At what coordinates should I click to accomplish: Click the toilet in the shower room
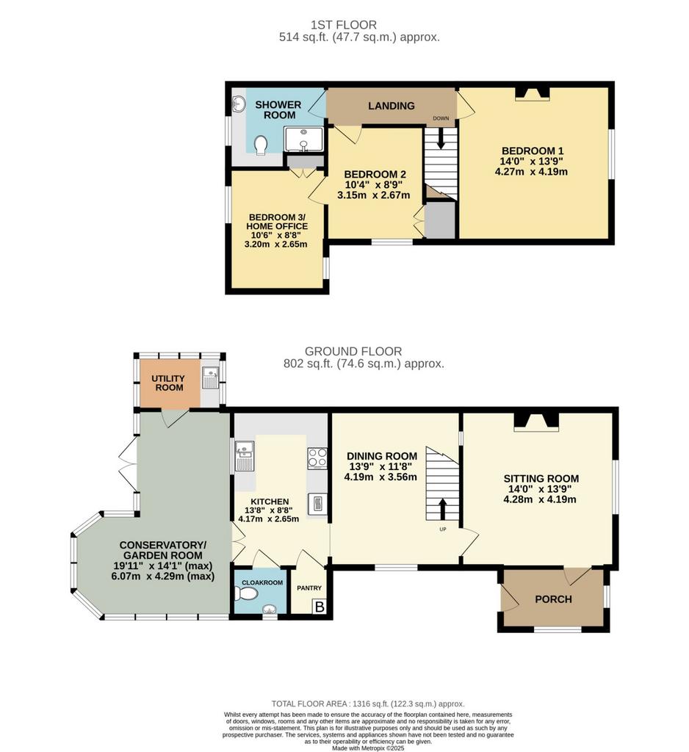click(x=261, y=145)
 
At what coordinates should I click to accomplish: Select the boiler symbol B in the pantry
click(x=319, y=607)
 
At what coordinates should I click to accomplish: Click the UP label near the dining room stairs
click(x=442, y=529)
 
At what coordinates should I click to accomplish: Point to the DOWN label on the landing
click(x=441, y=118)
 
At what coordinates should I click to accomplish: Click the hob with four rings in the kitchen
click(x=317, y=458)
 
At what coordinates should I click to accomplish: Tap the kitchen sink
click(x=244, y=455)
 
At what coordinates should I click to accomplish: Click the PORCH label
click(x=553, y=599)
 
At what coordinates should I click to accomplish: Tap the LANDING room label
click(x=392, y=106)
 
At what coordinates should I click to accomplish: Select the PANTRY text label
click(x=309, y=588)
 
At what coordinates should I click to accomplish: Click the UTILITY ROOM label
click(x=168, y=383)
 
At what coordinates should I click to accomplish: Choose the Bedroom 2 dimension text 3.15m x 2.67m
click(x=374, y=195)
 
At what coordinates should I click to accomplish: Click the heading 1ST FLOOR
click(x=344, y=24)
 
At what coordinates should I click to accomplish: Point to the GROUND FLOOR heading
click(x=353, y=351)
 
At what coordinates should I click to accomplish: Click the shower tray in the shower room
click(x=303, y=139)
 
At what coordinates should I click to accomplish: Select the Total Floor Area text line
click(x=368, y=704)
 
